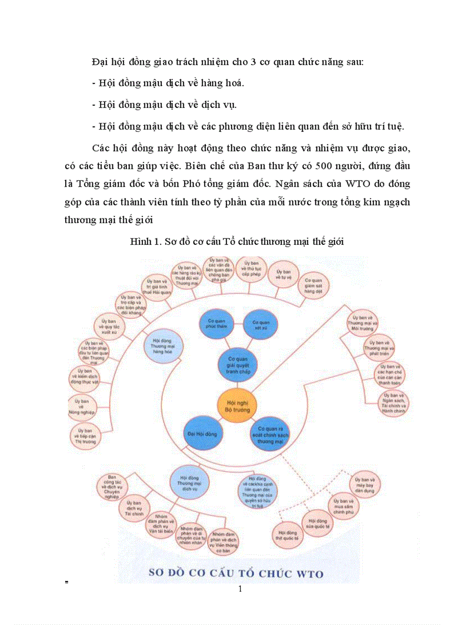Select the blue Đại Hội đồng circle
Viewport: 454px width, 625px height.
coord(201,432)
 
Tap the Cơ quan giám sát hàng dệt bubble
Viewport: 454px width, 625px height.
coord(312,287)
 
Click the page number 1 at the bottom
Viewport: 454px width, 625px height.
coord(240,589)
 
